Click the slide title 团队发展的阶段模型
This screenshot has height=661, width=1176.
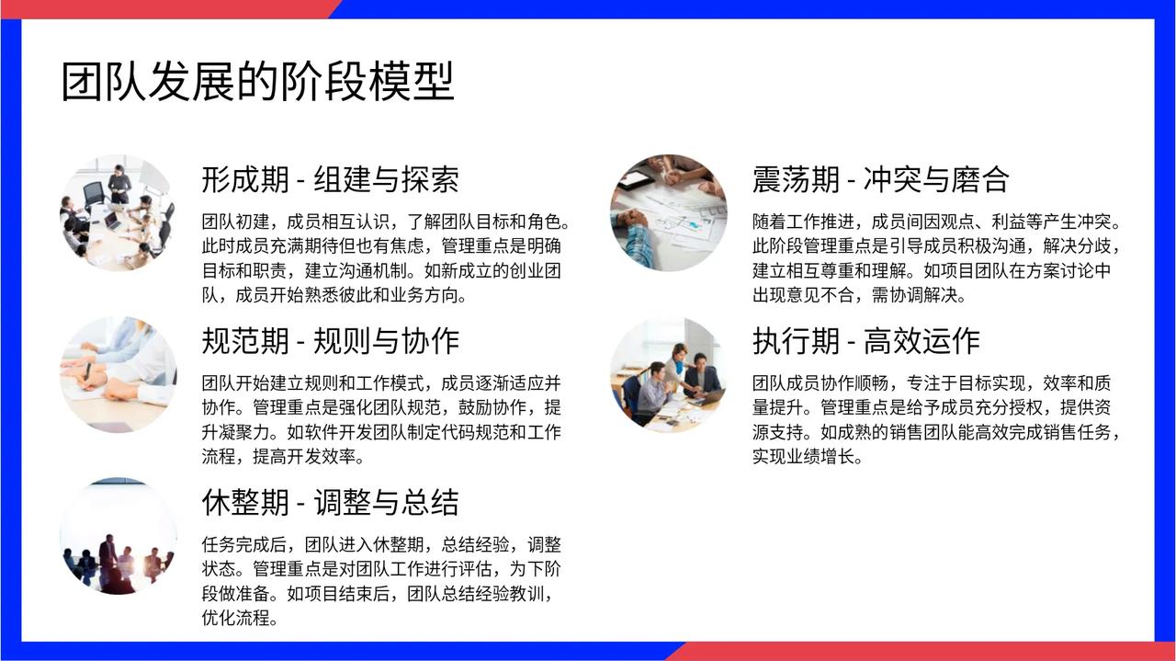click(257, 82)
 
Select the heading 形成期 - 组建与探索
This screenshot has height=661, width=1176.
click(330, 179)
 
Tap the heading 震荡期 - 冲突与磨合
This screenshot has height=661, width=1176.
click(880, 179)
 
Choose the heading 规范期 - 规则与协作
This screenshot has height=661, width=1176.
click(330, 341)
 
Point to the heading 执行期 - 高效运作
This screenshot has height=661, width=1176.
click(866, 341)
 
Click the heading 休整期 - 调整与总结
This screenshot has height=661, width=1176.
click(330, 502)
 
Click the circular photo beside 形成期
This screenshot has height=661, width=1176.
click(119, 212)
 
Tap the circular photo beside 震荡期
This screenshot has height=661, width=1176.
click(668, 212)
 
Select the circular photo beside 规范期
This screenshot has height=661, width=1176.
click(119, 375)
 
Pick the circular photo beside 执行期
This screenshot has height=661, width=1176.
click(668, 375)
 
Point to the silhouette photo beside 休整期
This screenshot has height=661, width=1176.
click(119, 536)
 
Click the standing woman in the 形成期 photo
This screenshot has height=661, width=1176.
click(119, 184)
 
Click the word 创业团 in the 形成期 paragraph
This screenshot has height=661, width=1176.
click(535, 270)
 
